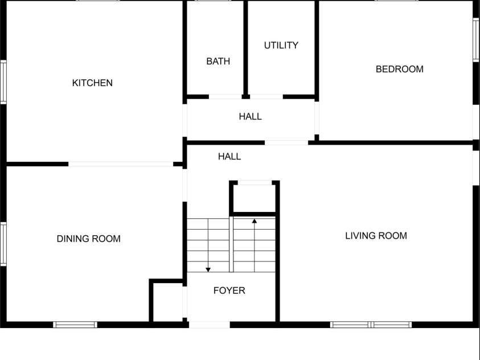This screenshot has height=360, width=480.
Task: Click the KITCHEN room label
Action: click(92, 83)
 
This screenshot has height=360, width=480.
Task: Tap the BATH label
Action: click(218, 61)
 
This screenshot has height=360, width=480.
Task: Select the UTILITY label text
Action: click(281, 46)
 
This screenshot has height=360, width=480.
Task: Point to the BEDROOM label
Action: click(400, 69)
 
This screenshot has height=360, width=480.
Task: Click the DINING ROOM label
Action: click(88, 239)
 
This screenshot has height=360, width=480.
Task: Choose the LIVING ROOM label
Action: click(376, 236)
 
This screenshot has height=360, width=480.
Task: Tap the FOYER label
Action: click(229, 291)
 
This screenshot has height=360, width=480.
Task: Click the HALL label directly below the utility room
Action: click(250, 116)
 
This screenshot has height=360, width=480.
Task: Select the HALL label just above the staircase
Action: click(229, 157)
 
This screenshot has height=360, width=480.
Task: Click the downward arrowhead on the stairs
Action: click(208, 269)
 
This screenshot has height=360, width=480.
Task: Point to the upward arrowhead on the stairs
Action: click(255, 220)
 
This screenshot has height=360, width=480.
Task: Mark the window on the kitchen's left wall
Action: click(3, 82)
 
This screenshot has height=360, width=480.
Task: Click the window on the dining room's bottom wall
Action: click(75, 325)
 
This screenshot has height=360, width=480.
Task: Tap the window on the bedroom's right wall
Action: click(477, 40)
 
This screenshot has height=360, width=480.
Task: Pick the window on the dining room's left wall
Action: click(3, 244)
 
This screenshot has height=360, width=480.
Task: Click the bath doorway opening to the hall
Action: click(225, 97)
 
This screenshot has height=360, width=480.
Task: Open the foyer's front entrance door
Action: click(210, 325)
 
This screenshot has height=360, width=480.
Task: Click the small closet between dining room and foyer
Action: click(168, 302)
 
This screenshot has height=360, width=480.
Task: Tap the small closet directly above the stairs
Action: click(255, 198)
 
